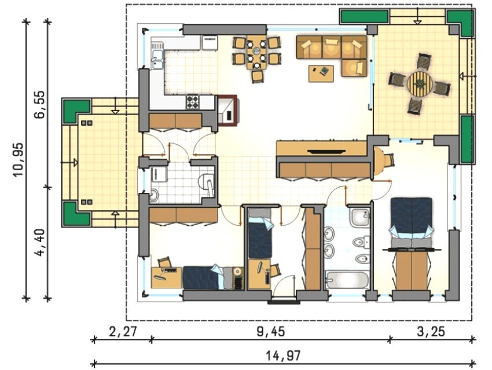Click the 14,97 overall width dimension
click(x=284, y=356)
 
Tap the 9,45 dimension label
click(x=271, y=332)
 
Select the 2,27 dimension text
click(x=123, y=331)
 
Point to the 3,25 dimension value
click(x=431, y=332)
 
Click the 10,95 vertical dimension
click(x=18, y=159)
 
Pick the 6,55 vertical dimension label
click(x=40, y=104)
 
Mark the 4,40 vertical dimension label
click(x=40, y=242)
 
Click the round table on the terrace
click(x=420, y=85)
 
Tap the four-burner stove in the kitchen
click(x=193, y=102)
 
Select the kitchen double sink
click(x=157, y=59)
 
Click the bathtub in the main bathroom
click(x=347, y=280)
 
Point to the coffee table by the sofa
click(x=321, y=74)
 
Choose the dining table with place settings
click(x=256, y=52)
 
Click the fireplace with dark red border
click(x=228, y=110)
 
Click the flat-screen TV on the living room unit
click(x=327, y=152)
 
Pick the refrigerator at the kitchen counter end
click(x=210, y=43)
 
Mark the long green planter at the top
click(x=364, y=16)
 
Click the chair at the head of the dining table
click(x=258, y=76)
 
